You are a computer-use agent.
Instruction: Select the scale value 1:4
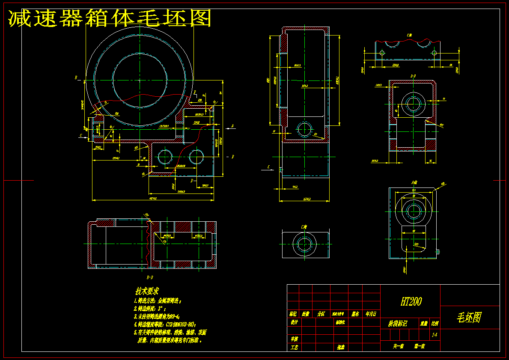(435, 335)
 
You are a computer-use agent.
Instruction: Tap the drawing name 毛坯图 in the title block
(469, 317)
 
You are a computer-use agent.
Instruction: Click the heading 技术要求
(147, 291)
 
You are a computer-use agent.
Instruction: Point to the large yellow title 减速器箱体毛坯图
(110, 18)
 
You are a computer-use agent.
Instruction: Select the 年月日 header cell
(371, 314)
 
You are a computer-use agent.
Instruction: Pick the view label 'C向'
(304, 227)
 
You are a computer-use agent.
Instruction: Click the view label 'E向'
(409, 35)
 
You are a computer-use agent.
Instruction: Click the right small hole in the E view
(434, 53)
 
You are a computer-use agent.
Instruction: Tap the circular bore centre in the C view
(305, 244)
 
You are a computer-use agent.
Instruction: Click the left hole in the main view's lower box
(165, 157)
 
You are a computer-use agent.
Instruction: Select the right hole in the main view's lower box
(196, 157)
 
